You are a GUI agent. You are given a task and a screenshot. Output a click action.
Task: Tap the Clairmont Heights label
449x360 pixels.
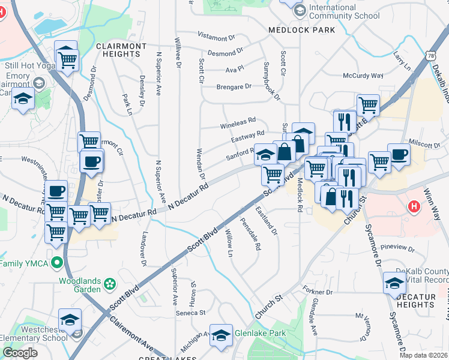[x=121, y=50]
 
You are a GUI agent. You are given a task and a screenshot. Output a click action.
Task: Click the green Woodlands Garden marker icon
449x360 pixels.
[x=109, y=283]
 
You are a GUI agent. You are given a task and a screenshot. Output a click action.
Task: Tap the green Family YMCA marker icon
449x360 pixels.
[x=57, y=263]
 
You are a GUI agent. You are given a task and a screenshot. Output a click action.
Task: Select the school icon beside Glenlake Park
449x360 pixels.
[x=221, y=337]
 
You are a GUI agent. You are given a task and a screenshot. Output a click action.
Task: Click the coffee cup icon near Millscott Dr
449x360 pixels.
[x=399, y=154]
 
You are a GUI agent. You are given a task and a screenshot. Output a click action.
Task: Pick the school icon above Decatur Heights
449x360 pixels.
[x=394, y=283]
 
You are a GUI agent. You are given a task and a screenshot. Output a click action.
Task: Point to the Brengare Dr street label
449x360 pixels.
[x=234, y=86]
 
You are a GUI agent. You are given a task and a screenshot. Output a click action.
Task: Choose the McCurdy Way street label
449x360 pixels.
[x=363, y=76]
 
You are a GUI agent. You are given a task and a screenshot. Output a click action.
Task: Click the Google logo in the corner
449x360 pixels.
[x=20, y=353]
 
